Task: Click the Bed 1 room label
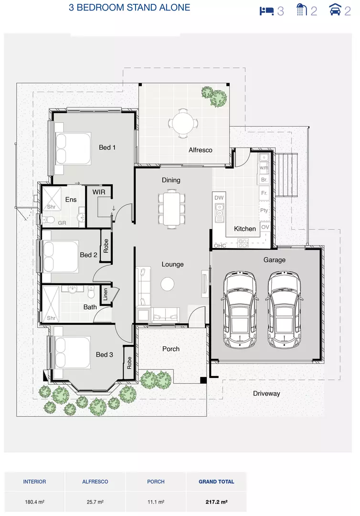click(x=107, y=147)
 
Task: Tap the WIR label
click(x=98, y=192)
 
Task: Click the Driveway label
click(x=266, y=393)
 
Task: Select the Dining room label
click(x=171, y=180)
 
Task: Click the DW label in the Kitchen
click(x=219, y=198)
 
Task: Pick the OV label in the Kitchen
click(x=265, y=227)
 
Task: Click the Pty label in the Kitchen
click(x=264, y=210)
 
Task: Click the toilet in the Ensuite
click(x=48, y=219)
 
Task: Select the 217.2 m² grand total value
click(x=216, y=502)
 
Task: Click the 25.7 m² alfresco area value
click(x=95, y=502)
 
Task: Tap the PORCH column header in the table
click(x=156, y=482)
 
